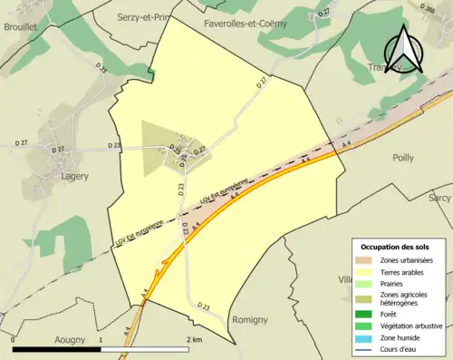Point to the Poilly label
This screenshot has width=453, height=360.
(402, 157)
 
